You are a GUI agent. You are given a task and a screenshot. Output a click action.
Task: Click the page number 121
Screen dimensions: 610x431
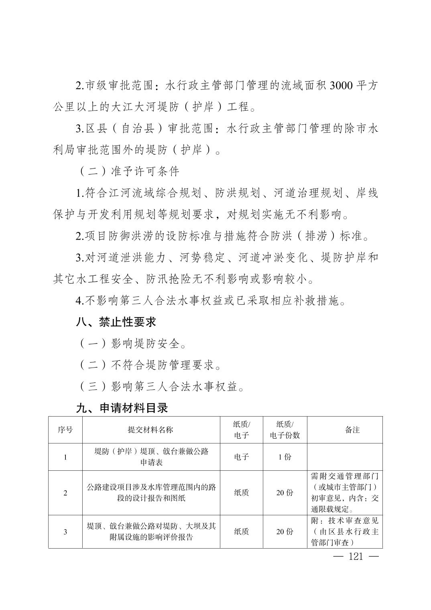356,557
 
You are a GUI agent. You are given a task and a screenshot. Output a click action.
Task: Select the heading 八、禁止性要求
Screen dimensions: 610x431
116,322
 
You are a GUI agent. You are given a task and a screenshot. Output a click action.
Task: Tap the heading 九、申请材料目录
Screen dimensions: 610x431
122,408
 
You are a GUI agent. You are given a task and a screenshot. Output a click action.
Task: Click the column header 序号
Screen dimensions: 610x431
65,430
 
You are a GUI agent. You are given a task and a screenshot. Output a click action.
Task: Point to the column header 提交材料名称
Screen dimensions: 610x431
151,430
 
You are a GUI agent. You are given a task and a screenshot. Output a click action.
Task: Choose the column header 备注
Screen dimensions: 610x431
345,430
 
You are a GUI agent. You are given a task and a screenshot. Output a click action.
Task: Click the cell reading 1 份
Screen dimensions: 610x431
285,457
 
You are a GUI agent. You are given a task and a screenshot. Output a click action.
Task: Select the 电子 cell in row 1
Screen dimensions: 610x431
242,457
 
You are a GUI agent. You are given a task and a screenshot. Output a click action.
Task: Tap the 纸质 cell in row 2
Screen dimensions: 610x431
242,493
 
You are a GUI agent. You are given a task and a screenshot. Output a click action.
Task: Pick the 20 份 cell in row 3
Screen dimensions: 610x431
285,532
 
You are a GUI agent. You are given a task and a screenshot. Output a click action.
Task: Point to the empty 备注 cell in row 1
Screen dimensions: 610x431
345,457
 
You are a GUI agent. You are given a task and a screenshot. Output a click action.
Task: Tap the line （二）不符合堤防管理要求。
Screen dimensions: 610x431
149,365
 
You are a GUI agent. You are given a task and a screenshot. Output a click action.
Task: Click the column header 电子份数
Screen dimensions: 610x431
285,435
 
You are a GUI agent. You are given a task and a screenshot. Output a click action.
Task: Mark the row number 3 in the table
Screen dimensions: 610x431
65,532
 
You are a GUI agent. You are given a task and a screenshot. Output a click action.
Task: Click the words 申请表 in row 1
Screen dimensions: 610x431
151,463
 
